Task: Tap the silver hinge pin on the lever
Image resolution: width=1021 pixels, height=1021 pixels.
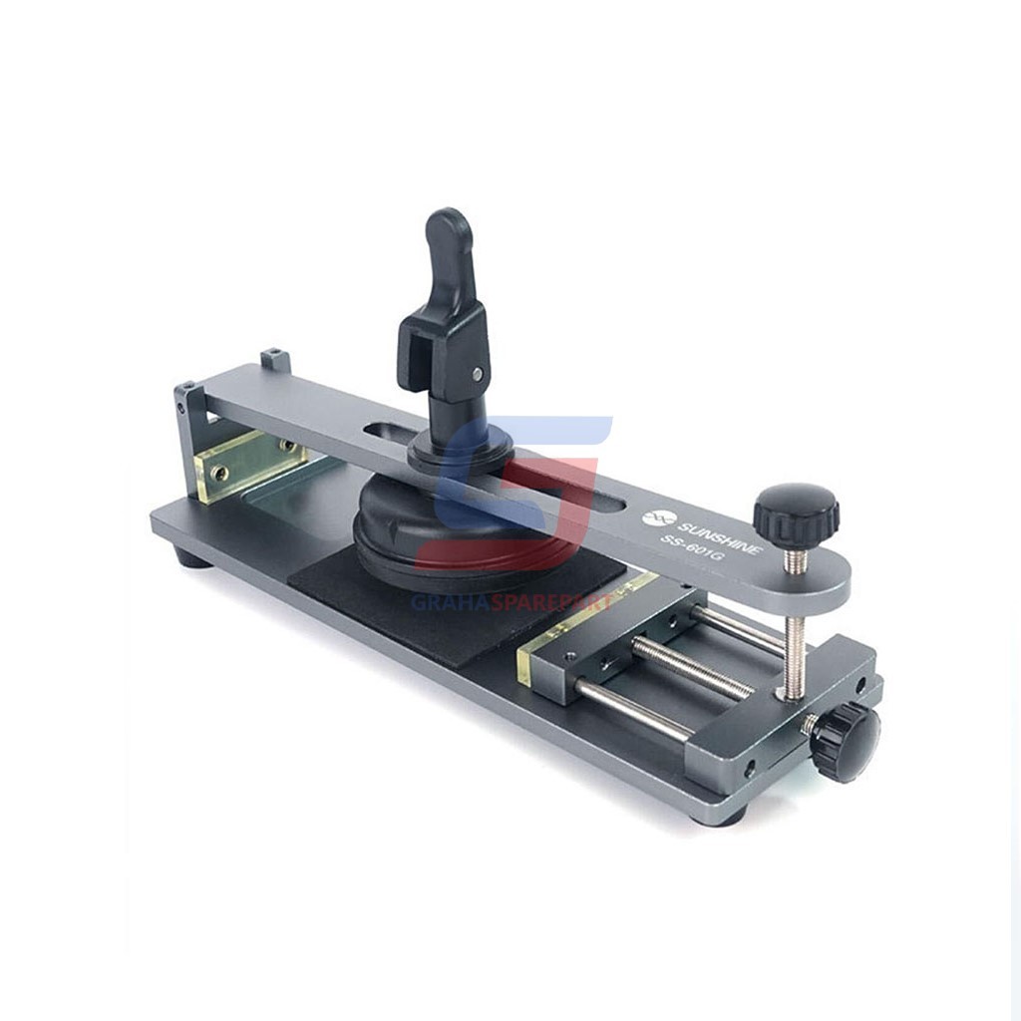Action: pyautogui.click(x=478, y=373)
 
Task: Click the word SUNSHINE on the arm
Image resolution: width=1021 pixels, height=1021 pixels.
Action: pyautogui.click(x=720, y=536)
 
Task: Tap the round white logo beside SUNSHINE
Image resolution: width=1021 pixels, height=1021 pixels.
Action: pyautogui.click(x=654, y=517)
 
